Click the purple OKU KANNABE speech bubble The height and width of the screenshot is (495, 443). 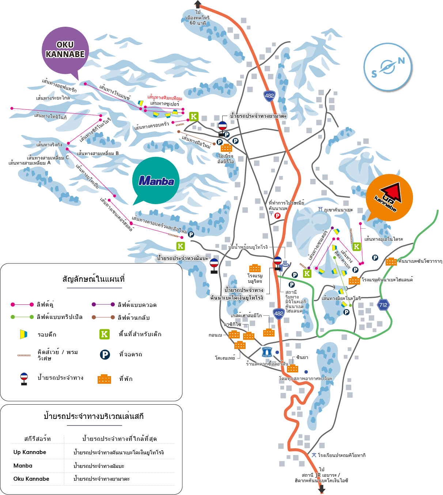[x=65, y=50]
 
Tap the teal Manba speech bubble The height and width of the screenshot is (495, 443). [x=156, y=180]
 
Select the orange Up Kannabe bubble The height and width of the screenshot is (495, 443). [x=389, y=198]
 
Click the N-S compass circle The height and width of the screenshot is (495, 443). [x=388, y=67]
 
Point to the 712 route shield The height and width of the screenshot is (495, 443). [x=383, y=305]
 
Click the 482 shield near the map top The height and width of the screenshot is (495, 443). [x=269, y=96]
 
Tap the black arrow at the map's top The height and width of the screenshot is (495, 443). [x=198, y=4]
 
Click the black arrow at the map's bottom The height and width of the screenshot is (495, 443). [x=322, y=489]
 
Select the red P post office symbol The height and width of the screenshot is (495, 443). [x=277, y=216]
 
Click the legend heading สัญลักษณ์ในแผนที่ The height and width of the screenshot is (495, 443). [x=94, y=279]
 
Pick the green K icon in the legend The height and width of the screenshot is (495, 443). [x=105, y=334]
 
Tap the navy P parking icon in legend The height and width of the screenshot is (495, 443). [x=105, y=354]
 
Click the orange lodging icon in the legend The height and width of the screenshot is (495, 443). [x=104, y=379]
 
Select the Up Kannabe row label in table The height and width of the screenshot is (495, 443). [x=30, y=452]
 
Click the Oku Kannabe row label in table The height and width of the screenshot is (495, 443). [x=31, y=479]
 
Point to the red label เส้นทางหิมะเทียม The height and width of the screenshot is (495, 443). [x=164, y=98]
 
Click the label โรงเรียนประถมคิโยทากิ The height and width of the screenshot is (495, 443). [x=341, y=455]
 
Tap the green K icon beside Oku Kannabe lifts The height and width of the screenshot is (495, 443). [x=194, y=117]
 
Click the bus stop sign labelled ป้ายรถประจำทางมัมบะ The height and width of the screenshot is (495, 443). [x=214, y=266]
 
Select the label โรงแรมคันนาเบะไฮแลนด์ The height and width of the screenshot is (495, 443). [x=387, y=280]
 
